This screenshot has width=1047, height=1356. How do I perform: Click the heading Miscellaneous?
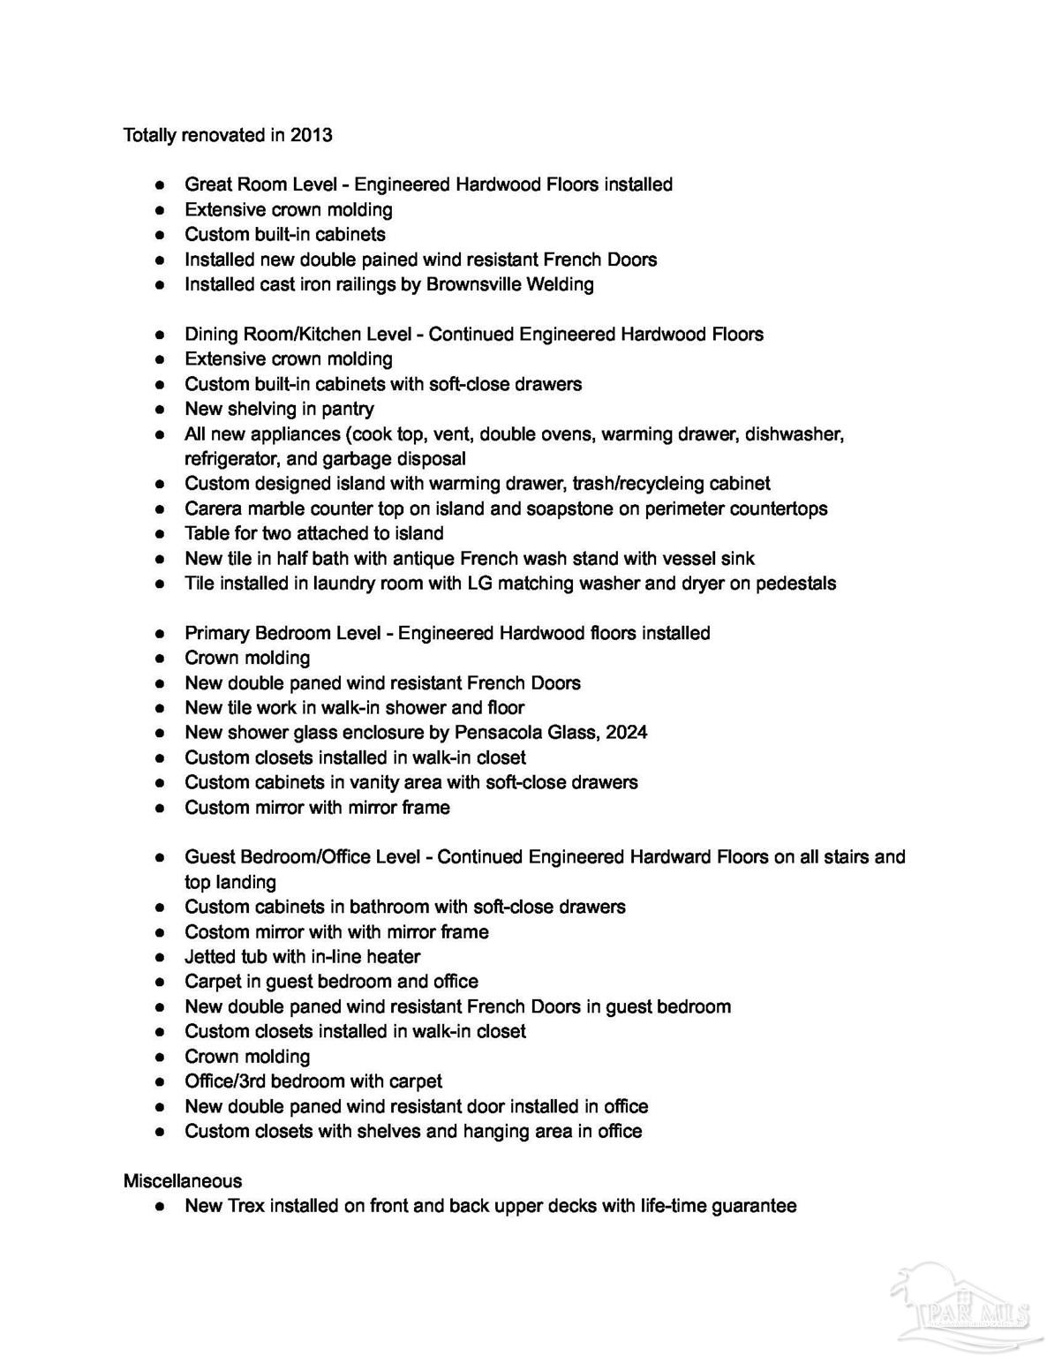point(183,1181)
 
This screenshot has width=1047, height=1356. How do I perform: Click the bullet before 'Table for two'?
point(160,534)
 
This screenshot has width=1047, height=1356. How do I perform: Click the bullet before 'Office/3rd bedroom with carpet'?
point(160,1082)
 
